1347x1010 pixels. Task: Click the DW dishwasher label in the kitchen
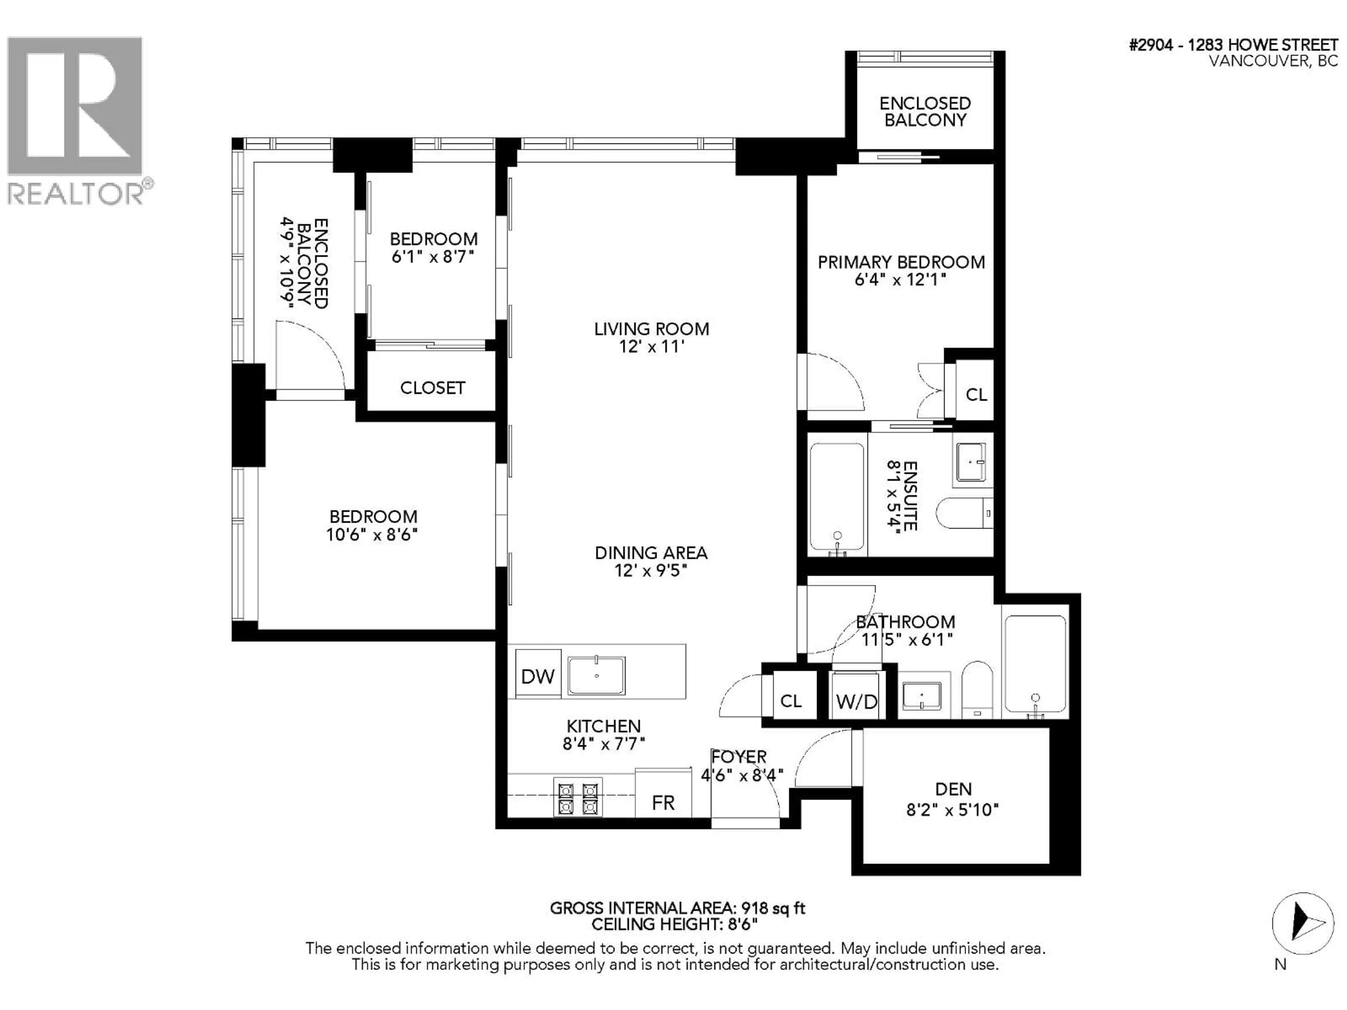tap(538, 676)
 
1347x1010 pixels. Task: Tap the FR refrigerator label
tap(663, 803)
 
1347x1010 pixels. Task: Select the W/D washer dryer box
tap(856, 701)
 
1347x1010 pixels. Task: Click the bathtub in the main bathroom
tap(1035, 664)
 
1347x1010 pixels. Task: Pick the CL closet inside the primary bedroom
tap(976, 395)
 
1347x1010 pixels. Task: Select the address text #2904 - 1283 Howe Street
tap(1233, 45)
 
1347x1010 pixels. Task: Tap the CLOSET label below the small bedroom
tap(433, 388)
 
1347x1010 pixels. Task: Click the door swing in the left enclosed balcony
tap(310, 356)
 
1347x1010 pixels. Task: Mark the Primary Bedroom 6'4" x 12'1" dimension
tap(901, 280)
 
